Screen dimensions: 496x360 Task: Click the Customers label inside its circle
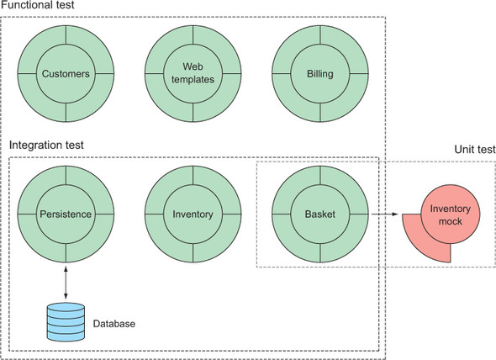tap(66, 74)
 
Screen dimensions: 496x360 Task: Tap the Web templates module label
tap(193, 73)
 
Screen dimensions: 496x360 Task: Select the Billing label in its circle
tap(320, 74)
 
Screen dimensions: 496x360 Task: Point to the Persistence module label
tap(66, 214)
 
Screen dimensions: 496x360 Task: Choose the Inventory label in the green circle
tap(193, 214)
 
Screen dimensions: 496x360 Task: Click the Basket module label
tap(320, 214)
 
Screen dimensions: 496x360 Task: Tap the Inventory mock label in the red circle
tap(450, 214)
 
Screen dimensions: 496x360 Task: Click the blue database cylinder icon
tap(66, 322)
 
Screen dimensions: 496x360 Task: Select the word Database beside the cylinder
tap(114, 324)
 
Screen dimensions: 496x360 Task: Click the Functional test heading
tap(38, 5)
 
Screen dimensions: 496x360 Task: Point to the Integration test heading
tap(46, 145)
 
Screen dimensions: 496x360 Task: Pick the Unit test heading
tap(475, 149)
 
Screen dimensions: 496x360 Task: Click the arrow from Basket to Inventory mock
tap(384, 214)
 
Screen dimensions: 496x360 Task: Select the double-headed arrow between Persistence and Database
tap(66, 283)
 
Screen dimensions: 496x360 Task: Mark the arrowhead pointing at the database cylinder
tap(66, 297)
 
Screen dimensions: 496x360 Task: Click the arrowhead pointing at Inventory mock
tap(395, 214)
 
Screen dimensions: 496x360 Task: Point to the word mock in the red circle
tap(450, 221)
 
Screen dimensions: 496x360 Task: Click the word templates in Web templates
tap(193, 79)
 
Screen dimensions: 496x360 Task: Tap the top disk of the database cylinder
tap(66, 307)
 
